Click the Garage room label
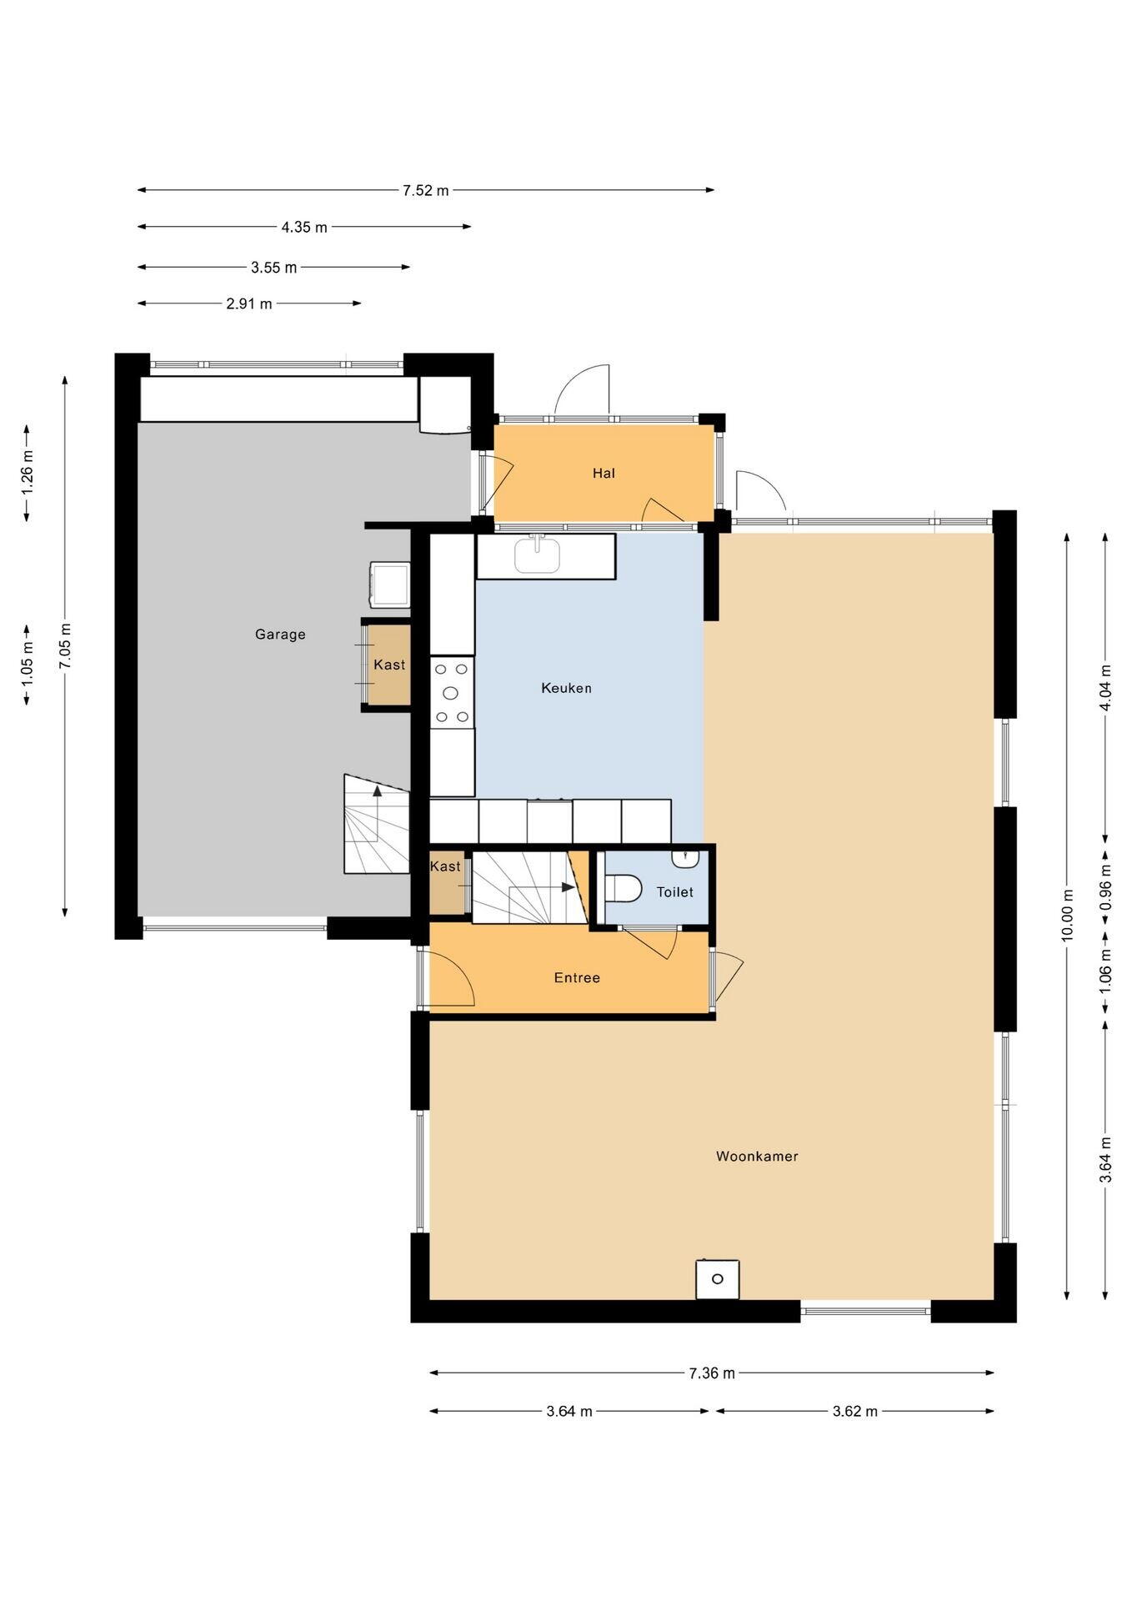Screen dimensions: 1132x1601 [x=280, y=635]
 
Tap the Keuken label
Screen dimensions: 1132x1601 [x=566, y=688]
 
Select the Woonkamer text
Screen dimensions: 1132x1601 [x=757, y=1156]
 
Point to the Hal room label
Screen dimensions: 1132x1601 [x=604, y=473]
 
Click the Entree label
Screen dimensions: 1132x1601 [x=577, y=977]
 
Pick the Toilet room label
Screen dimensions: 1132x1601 [x=674, y=892]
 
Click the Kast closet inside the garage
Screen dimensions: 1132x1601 [x=389, y=665]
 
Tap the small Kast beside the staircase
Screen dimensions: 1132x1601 [x=445, y=882]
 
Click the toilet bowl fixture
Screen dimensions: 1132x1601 [x=623, y=888]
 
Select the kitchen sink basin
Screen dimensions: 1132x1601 [x=537, y=556]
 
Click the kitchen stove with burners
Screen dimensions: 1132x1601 [x=452, y=692]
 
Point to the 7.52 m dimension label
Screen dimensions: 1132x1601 [x=426, y=190]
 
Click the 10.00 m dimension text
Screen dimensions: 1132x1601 [x=1067, y=916]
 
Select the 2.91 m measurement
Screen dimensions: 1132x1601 [x=249, y=304]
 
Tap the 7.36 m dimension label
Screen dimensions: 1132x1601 [x=712, y=1373]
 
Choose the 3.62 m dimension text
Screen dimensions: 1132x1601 [x=854, y=1411]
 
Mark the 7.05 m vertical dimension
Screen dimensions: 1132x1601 [x=65, y=645]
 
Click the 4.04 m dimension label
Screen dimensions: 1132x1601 [x=1105, y=687]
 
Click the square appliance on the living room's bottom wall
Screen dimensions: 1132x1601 [x=718, y=1279]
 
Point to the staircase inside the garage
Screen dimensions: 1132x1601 [x=377, y=824]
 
